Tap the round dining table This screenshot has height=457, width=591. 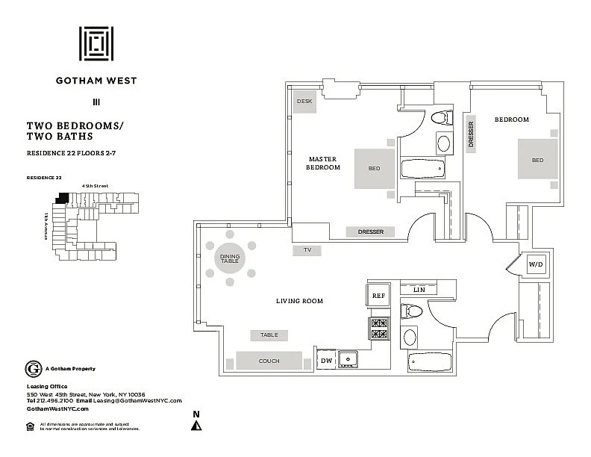pos(229,259)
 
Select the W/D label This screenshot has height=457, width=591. pos(535,264)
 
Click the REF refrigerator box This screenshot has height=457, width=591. pos(378,296)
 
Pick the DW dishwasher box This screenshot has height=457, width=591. pos(326,361)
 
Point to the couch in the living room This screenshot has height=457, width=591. pos(269,361)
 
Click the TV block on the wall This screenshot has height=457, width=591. pos(307,251)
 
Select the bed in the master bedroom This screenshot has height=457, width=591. pos(374,168)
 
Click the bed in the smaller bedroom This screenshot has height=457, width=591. pos(537,159)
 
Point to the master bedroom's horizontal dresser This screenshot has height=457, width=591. pos(370,231)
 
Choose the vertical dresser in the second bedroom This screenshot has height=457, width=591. pos(471,135)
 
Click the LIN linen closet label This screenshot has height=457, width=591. pos(419,289)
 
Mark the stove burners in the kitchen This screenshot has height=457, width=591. pos(378,329)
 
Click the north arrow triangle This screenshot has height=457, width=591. pos(196,426)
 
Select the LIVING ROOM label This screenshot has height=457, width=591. pos(298,301)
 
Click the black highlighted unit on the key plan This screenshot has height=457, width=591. pos(63,199)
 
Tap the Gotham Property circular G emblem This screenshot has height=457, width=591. pos(33,368)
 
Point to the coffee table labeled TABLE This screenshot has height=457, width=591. pos(269,335)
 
